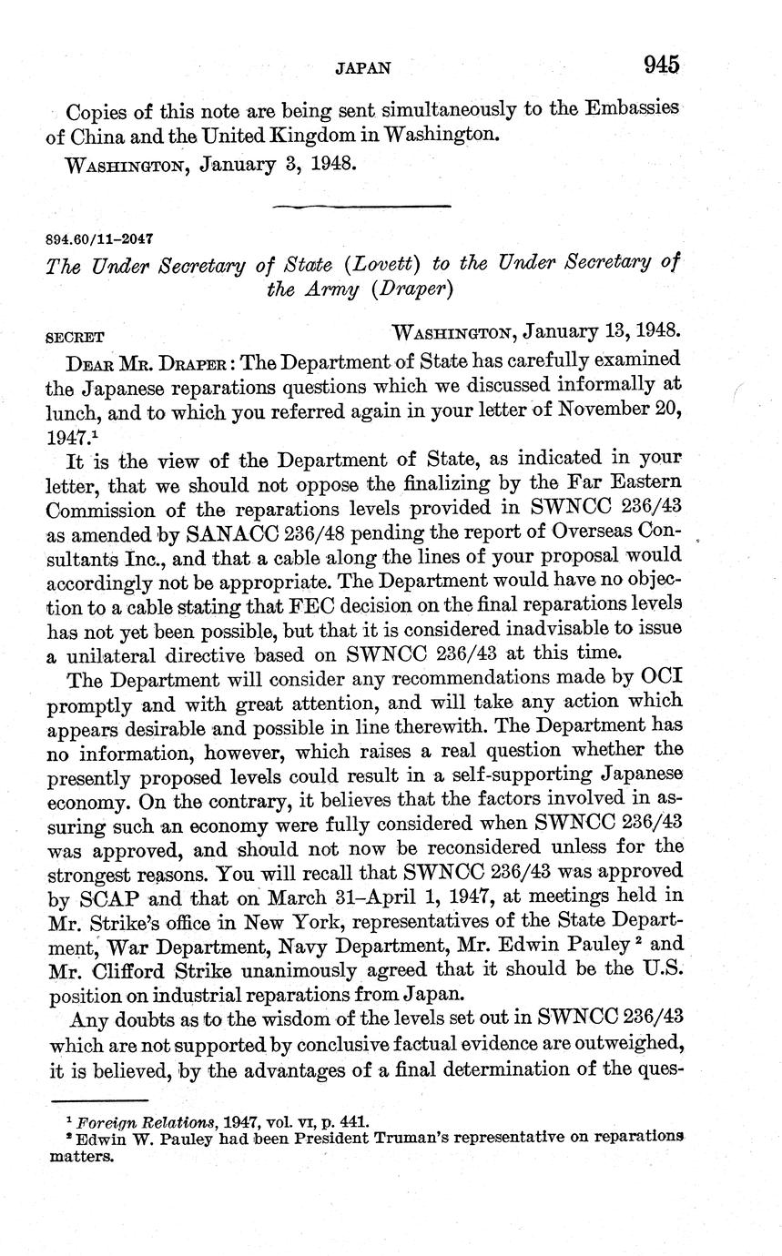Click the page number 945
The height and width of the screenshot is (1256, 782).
pyautogui.click(x=661, y=65)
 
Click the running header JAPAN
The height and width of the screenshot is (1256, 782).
pyautogui.click(x=362, y=67)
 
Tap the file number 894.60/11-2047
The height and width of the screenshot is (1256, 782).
pyautogui.click(x=99, y=238)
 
